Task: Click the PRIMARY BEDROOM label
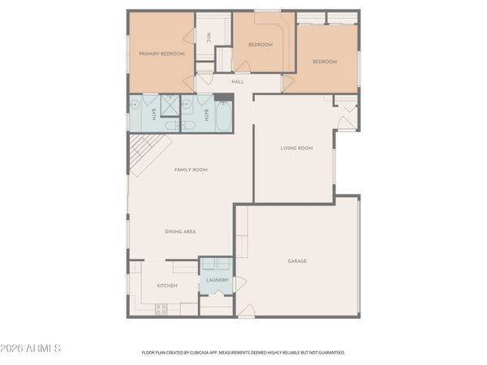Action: click(162, 54)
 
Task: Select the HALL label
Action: click(237, 82)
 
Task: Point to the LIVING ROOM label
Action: click(296, 148)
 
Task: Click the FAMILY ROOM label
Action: click(192, 170)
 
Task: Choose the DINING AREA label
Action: click(180, 232)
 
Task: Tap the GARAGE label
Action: click(297, 261)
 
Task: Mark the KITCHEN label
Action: click(167, 286)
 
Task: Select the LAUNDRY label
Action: click(217, 281)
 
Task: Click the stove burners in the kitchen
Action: click(161, 308)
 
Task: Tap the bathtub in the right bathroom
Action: click(222, 116)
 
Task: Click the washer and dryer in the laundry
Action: click(217, 266)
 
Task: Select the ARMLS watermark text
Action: click(32, 349)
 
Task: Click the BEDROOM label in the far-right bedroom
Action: click(325, 62)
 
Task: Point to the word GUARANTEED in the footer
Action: click(333, 353)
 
